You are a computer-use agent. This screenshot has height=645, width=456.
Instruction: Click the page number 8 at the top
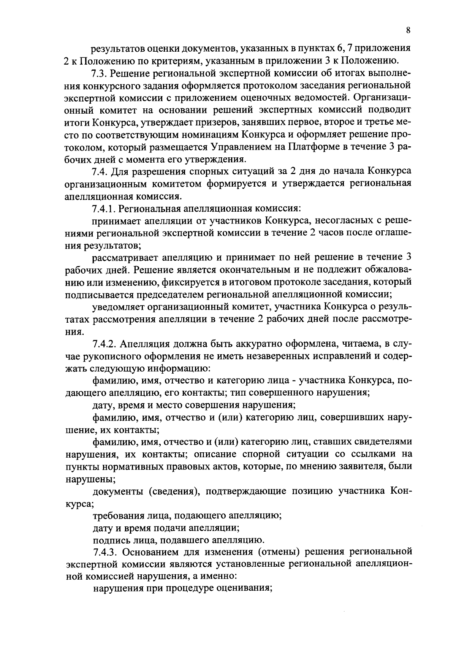[x=408, y=31]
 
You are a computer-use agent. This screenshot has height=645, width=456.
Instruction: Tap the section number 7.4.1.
[x=105, y=208]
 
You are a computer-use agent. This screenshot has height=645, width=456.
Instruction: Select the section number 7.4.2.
[x=105, y=344]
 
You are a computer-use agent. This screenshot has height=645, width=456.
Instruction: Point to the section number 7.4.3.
[x=105, y=551]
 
